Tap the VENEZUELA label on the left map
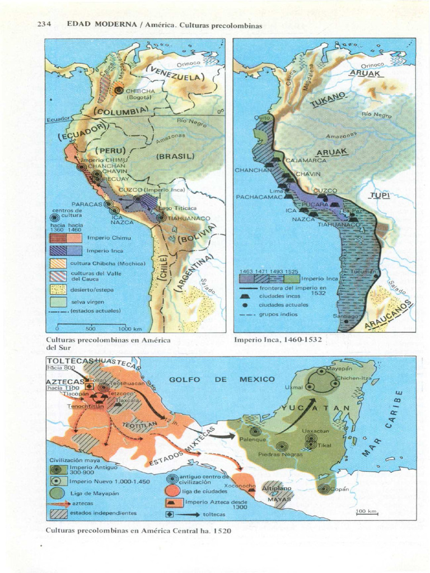click(x=176, y=73)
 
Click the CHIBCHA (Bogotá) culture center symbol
click(x=119, y=90)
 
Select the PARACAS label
click(x=87, y=204)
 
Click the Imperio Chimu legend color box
click(x=66, y=238)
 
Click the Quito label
click(x=261, y=118)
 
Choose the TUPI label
click(x=379, y=195)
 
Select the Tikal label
click(x=325, y=445)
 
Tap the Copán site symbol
click(x=324, y=489)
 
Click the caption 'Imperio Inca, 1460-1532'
click(x=278, y=340)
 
